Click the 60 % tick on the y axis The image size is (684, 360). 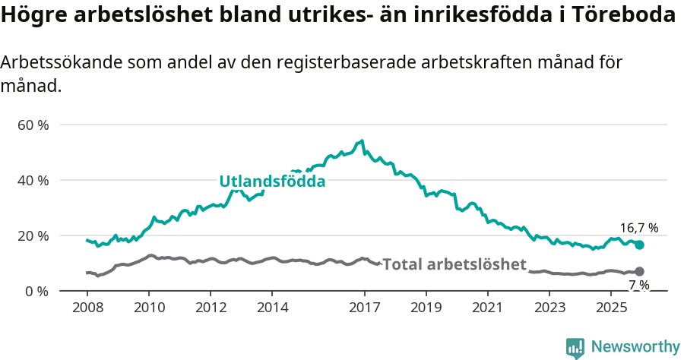click(33, 125)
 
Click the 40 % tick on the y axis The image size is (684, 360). click(33, 180)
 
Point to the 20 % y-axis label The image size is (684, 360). click(33, 235)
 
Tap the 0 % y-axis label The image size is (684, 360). click(36, 291)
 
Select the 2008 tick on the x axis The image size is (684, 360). click(87, 308)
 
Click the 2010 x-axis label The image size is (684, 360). click(148, 308)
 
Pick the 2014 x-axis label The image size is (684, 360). click(272, 308)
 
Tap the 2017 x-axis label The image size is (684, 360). click(365, 308)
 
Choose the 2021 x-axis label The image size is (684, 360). click(488, 308)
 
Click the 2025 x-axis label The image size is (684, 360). click(612, 308)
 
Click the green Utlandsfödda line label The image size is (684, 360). click(272, 182)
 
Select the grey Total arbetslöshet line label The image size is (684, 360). click(454, 264)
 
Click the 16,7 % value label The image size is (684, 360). click(638, 227)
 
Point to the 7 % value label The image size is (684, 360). click(638, 285)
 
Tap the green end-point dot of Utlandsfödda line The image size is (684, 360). click(640, 245)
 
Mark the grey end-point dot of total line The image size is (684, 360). click(639, 271)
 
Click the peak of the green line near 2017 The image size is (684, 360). click(363, 141)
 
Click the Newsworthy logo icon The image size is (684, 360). click(575, 348)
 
